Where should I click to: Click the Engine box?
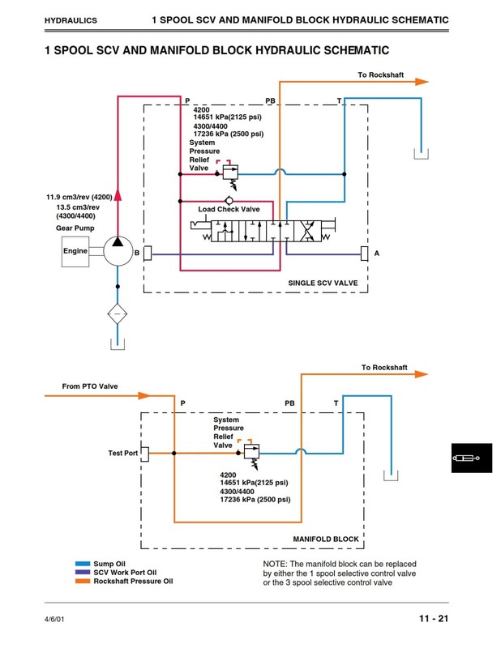tap(75, 251)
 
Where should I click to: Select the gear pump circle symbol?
tap(118, 251)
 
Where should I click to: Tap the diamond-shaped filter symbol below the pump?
tap(118, 314)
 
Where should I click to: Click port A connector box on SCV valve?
tap(364, 254)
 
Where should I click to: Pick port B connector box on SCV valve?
tap(148, 253)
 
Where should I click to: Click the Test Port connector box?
tap(145, 454)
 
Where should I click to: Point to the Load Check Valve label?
tap(229, 209)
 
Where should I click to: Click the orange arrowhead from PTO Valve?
tap(144, 395)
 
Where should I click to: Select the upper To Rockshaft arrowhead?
tap(422, 82)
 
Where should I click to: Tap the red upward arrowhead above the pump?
tap(118, 194)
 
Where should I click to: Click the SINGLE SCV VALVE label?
tap(323, 283)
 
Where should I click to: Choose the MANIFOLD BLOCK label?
tap(326, 539)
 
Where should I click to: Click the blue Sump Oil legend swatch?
tap(83, 564)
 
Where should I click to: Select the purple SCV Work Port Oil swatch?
tap(83, 573)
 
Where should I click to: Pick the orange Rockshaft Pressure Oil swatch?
tap(83, 581)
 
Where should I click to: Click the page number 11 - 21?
tap(434, 619)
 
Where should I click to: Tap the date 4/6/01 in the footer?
tap(54, 619)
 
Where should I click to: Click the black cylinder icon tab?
tap(472, 458)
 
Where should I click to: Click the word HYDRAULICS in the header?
tap(71, 20)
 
